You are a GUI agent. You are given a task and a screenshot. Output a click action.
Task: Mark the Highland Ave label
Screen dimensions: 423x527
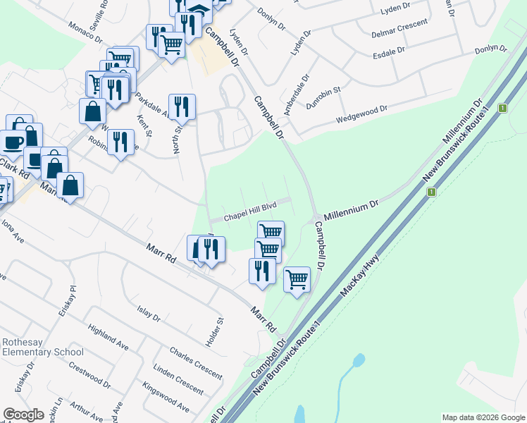point(108,338)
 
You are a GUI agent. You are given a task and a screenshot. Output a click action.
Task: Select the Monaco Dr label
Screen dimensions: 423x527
point(86,33)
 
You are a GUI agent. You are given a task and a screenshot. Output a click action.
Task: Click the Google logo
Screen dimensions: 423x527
point(24,415)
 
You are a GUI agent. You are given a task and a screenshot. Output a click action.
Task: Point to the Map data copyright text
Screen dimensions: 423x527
point(483,417)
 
